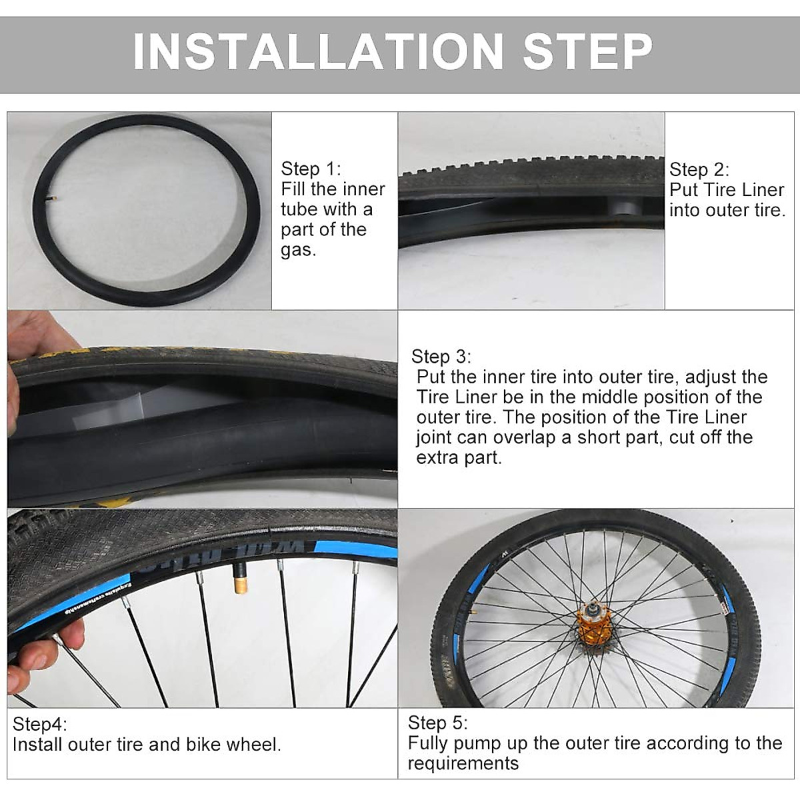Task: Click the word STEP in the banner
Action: [x=587, y=51]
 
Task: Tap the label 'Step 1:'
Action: [x=311, y=169]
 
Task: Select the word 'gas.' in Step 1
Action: [x=298, y=251]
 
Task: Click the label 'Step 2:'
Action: [x=699, y=169]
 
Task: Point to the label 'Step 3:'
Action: [x=441, y=356]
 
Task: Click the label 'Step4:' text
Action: [x=40, y=724]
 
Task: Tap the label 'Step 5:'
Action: [x=437, y=723]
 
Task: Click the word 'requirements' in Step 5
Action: [x=463, y=764]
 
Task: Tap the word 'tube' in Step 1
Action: [x=299, y=209]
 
